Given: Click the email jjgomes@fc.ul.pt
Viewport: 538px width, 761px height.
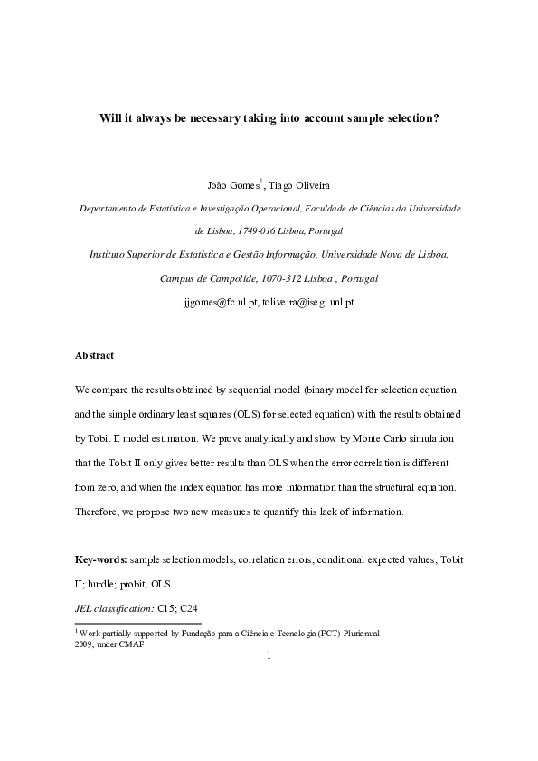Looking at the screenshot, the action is point(221,302).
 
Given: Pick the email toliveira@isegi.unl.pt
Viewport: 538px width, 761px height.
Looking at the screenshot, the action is point(307,302).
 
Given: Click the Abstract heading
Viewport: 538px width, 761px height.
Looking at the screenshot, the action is point(94,355).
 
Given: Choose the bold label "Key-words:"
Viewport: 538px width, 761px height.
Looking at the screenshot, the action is point(101,560).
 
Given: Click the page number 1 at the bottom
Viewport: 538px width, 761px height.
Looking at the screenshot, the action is point(269,656).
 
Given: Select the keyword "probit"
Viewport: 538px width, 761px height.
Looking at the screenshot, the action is point(137,584).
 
